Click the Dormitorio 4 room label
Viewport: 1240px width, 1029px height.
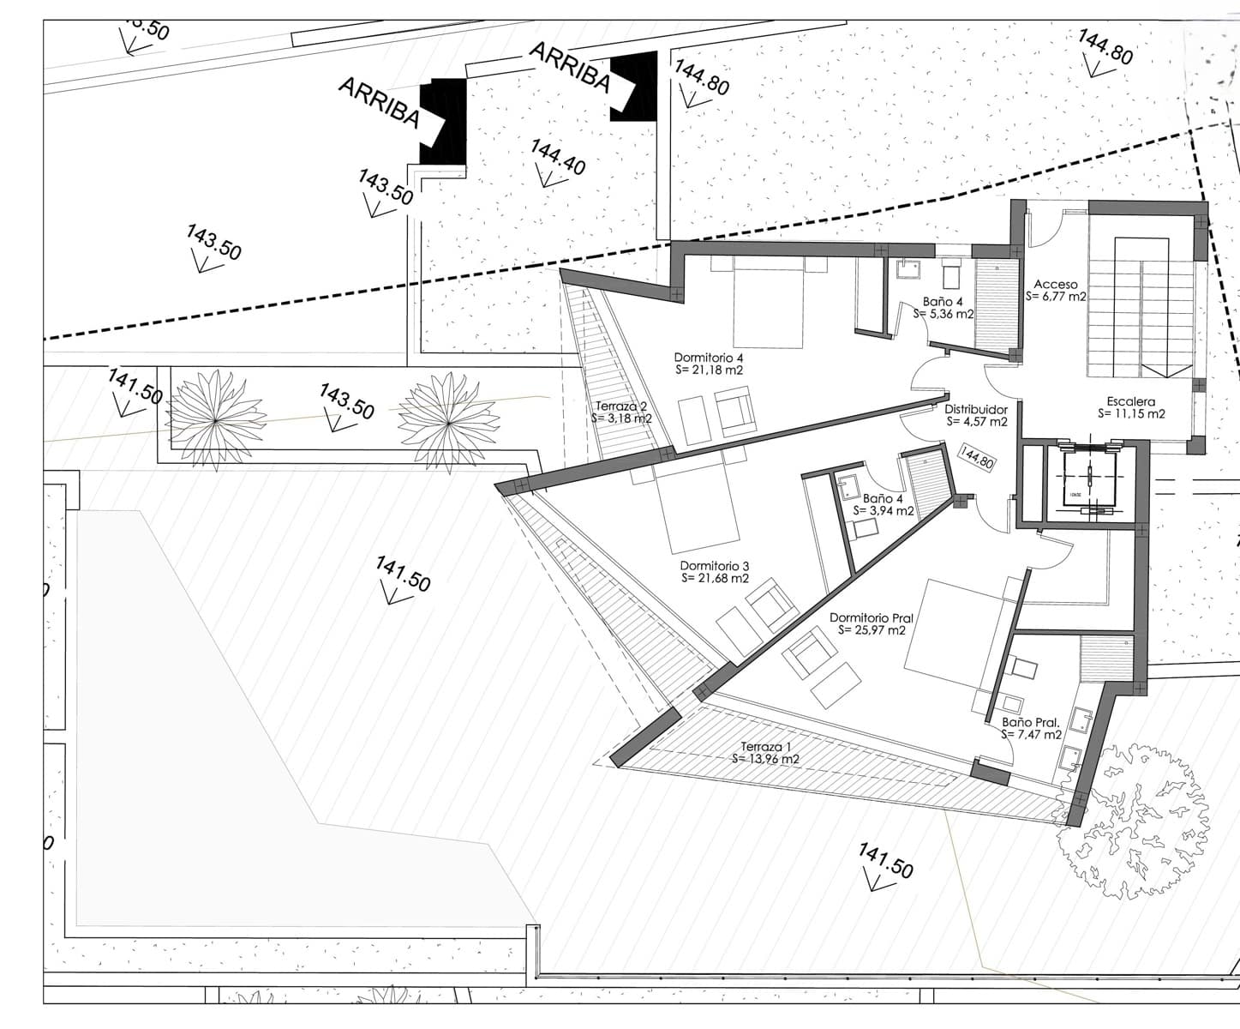pos(708,358)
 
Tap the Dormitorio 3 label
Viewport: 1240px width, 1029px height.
pos(715,566)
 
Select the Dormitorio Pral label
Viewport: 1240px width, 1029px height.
pos(871,617)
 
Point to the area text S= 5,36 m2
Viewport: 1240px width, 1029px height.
pos(943,314)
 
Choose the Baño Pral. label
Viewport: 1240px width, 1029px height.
pos(1032,722)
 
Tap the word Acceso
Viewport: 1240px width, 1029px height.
pos(1055,284)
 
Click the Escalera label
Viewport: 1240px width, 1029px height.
pos(1130,401)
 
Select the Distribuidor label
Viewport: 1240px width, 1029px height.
pos(976,410)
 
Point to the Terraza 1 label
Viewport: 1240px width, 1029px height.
pos(766,746)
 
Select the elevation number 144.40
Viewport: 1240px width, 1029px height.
pos(558,157)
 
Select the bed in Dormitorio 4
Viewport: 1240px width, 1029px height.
pos(768,304)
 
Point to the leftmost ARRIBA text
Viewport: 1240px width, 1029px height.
pos(379,102)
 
